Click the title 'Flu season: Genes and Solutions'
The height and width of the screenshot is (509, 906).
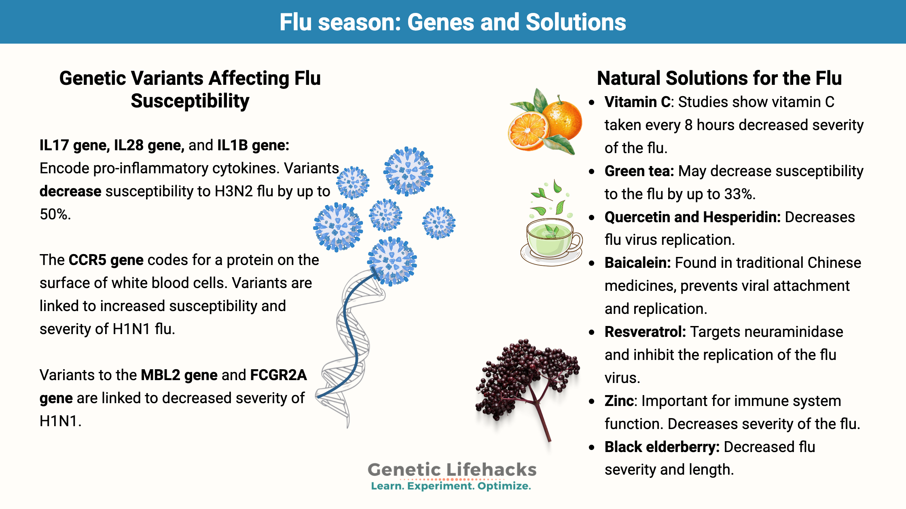(453, 22)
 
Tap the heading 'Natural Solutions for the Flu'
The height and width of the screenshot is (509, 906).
(719, 78)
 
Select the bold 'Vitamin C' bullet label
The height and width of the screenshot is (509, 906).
(637, 102)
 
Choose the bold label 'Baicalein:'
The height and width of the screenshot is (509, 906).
(638, 263)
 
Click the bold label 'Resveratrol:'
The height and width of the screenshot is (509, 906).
(645, 332)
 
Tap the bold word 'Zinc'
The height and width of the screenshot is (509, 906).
(619, 401)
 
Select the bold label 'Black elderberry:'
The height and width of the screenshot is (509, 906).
(662, 447)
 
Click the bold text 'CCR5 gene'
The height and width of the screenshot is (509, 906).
(106, 260)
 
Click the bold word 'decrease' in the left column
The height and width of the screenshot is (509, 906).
(70, 191)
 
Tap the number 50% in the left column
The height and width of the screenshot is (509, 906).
(55, 214)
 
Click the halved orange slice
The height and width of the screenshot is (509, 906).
(528, 131)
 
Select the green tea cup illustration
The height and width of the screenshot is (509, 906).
(551, 240)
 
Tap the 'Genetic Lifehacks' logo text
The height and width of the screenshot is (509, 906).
(452, 470)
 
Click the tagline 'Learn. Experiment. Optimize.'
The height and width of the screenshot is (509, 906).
(451, 486)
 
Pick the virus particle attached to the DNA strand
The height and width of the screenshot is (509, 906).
(392, 261)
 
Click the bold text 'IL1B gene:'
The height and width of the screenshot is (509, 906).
(253, 145)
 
